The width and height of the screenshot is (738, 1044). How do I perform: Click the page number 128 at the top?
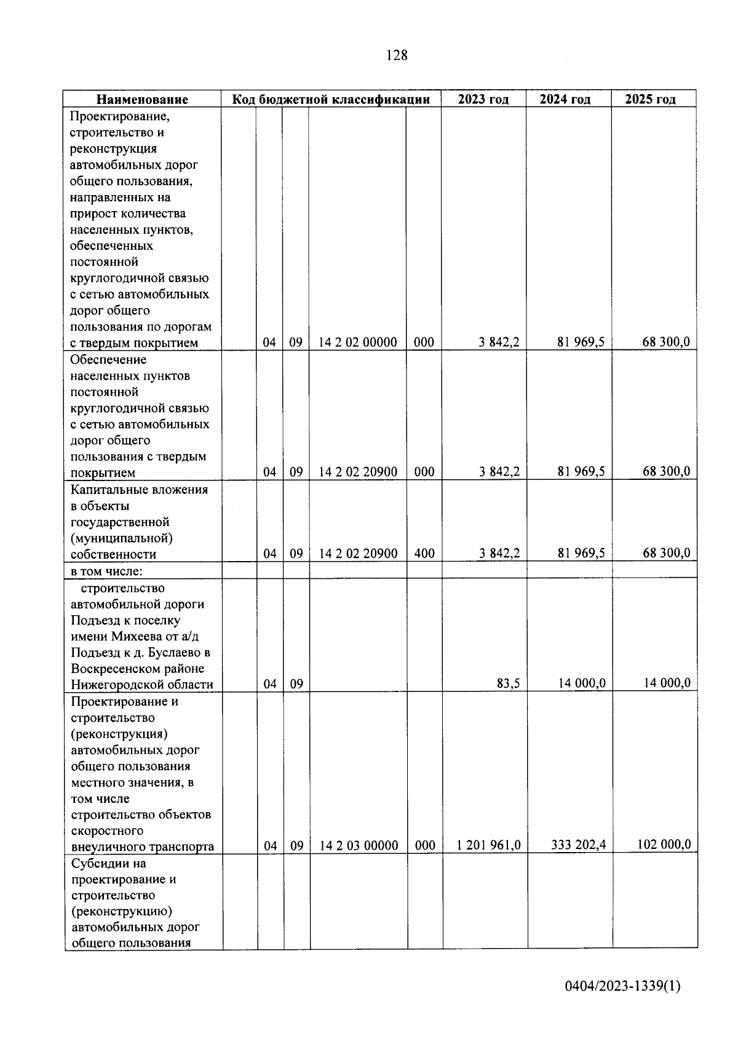tap(397, 55)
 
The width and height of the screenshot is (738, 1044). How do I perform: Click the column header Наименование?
tap(142, 99)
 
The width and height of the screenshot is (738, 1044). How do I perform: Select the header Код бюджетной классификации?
tap(330, 99)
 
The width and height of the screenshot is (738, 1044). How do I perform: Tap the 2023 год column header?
tap(483, 99)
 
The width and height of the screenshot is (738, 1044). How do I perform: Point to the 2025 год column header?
tap(650, 99)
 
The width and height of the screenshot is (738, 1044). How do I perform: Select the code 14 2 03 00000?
tap(359, 846)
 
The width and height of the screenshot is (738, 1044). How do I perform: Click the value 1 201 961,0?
tap(488, 846)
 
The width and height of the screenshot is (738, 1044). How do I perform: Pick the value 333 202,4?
tap(577, 845)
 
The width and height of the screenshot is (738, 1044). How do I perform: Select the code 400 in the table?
tap(424, 554)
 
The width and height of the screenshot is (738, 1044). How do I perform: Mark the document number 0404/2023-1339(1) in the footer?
tap(622, 1003)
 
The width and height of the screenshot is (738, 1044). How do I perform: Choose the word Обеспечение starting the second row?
tap(108, 359)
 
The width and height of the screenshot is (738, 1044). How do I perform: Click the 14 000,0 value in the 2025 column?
tap(667, 683)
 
